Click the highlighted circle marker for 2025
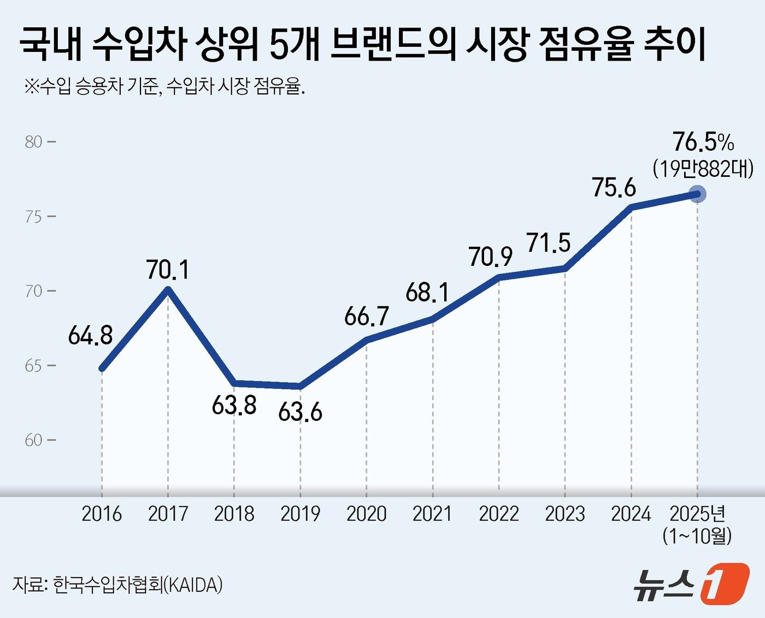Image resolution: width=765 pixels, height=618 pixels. (x=697, y=194)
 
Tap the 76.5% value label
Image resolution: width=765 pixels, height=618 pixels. (x=703, y=142)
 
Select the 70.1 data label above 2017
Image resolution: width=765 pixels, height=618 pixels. (x=168, y=270)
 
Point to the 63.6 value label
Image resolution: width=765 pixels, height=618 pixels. (x=300, y=412)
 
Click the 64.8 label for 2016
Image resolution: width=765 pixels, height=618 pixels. (x=91, y=335)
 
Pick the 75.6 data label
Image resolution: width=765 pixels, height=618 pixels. (x=614, y=187)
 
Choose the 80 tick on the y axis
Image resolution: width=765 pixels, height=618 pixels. (x=34, y=142)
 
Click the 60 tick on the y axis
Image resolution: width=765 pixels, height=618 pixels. (x=34, y=440)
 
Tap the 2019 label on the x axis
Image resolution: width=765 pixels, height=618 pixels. (x=300, y=514)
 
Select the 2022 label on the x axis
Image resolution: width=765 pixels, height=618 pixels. (x=498, y=514)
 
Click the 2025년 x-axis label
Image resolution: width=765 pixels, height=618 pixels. (x=697, y=514)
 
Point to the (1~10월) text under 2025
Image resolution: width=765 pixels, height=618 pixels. (x=697, y=536)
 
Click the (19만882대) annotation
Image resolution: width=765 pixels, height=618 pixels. (x=703, y=169)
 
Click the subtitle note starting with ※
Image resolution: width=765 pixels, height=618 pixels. (x=164, y=86)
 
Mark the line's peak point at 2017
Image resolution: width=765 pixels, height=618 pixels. (x=168, y=289)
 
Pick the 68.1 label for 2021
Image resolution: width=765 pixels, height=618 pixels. (x=427, y=293)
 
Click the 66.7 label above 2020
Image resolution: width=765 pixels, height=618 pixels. (x=367, y=316)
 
